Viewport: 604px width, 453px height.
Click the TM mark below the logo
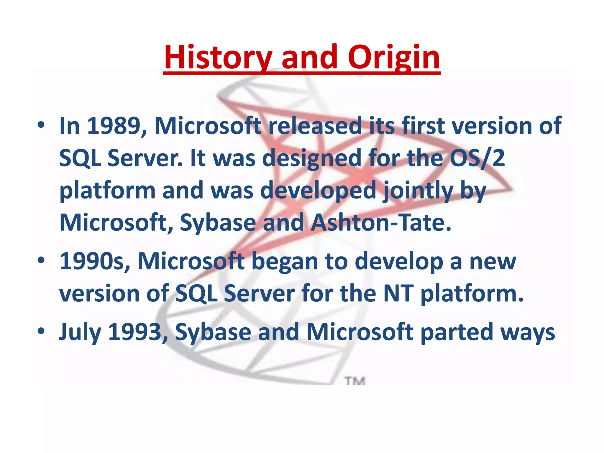coord(356,381)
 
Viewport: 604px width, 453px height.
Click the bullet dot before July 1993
coord(41,331)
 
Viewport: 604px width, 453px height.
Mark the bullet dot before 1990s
coord(41,260)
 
